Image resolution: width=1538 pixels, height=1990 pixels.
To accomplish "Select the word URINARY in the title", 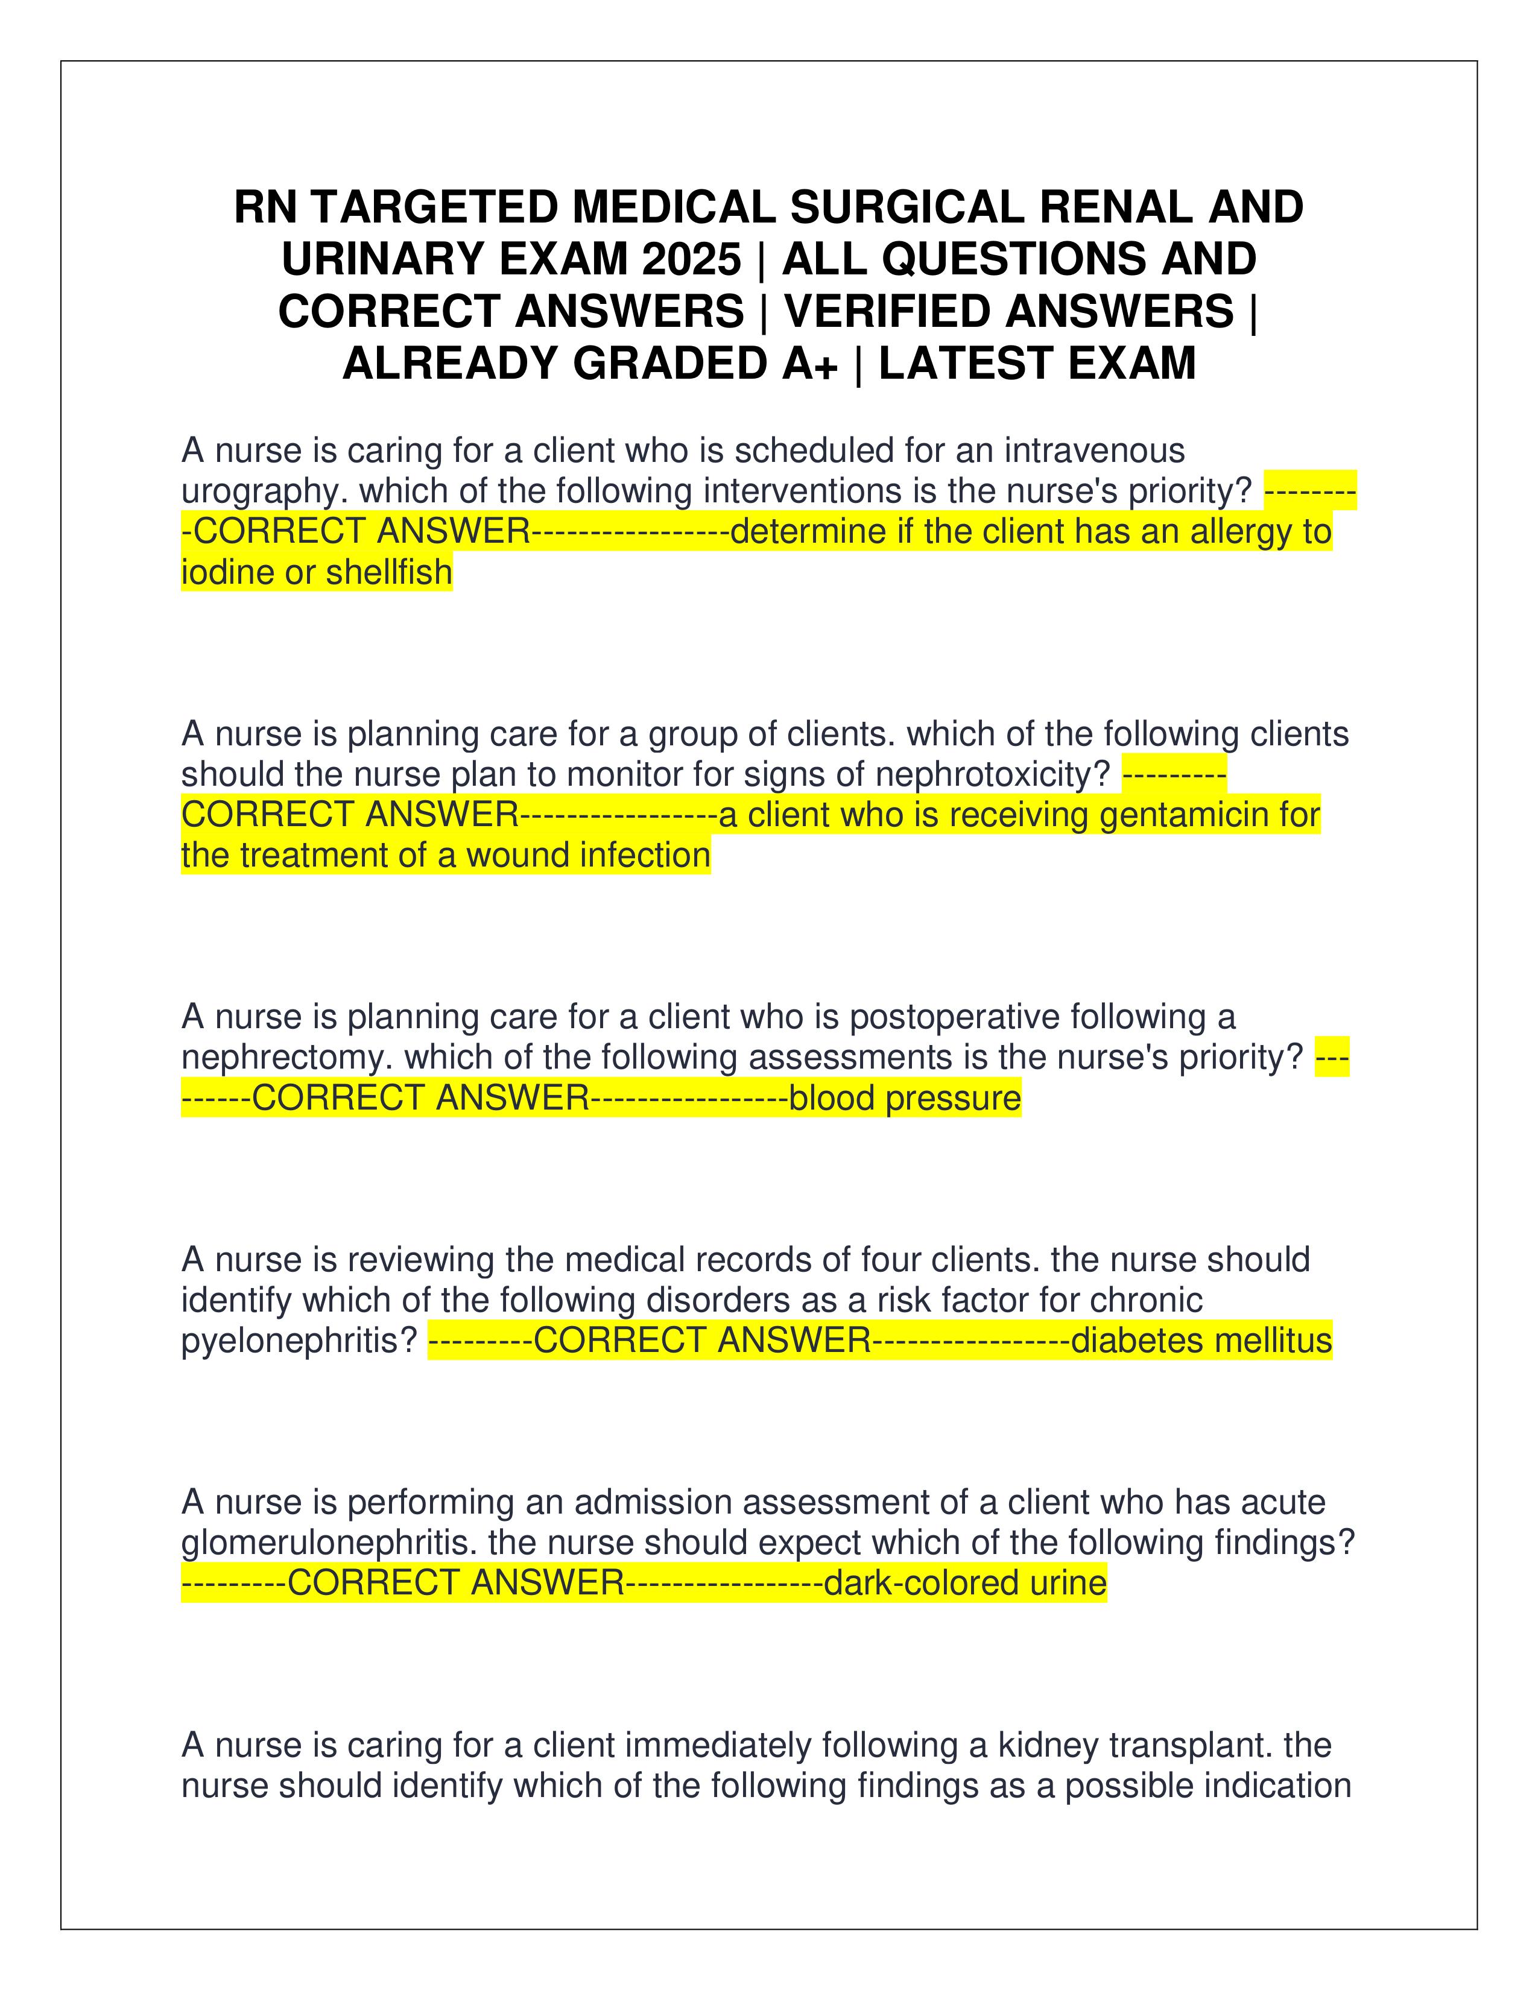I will point(384,260).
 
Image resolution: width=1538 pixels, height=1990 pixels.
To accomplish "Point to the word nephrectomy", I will point(287,1058).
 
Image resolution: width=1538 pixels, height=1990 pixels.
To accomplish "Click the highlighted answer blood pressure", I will point(905,1099).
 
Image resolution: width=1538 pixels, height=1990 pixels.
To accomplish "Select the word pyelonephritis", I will point(299,1341).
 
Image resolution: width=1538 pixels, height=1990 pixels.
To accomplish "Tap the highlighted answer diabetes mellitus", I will point(1201,1341).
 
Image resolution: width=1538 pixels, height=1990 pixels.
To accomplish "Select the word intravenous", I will point(1094,451).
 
